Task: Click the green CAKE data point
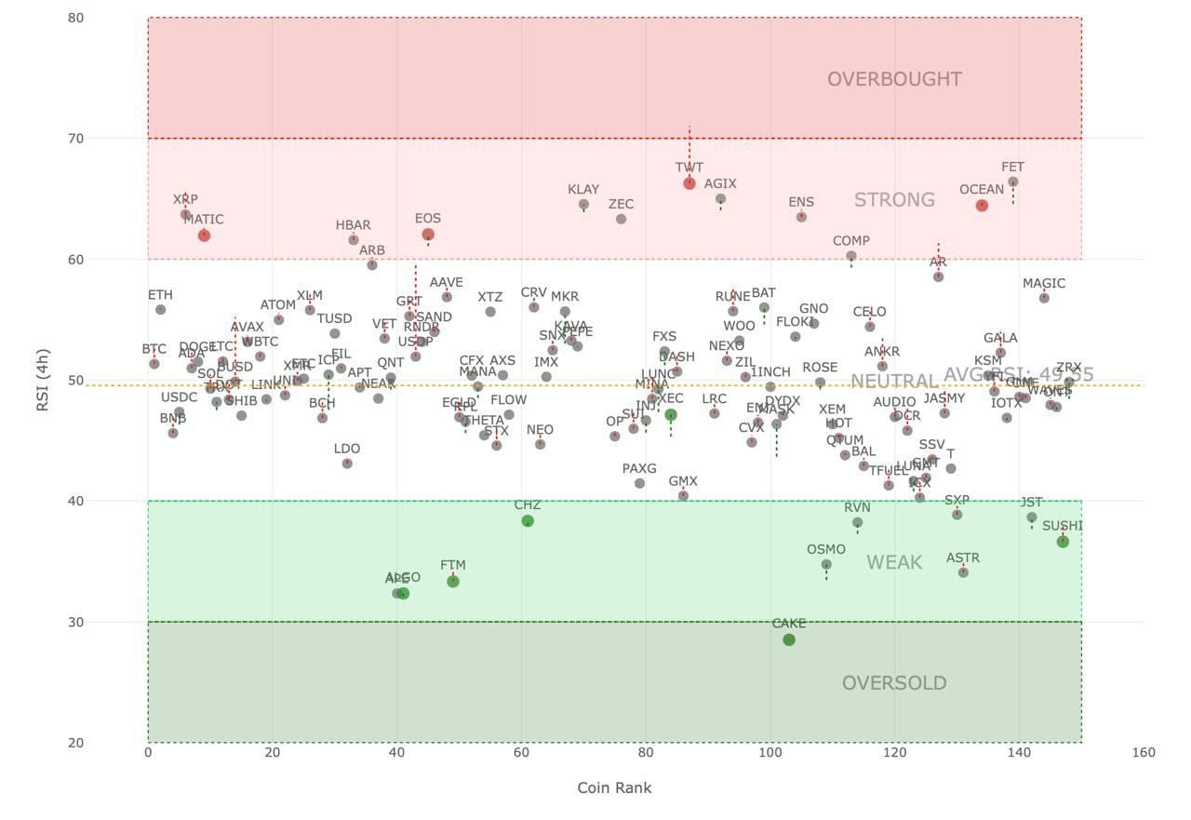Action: (x=789, y=639)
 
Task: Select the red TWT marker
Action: (x=689, y=183)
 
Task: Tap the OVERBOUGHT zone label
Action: (x=894, y=79)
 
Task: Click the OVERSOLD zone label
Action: (x=894, y=683)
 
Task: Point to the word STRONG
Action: (x=894, y=200)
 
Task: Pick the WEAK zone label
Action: (x=894, y=562)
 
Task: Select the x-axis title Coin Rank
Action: (x=614, y=787)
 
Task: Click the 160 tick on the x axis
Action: (x=1144, y=753)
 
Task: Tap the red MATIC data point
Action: (x=204, y=235)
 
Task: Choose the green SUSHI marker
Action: (x=1063, y=542)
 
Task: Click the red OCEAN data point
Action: (x=982, y=205)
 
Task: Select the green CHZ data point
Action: (x=528, y=521)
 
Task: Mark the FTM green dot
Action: (x=453, y=581)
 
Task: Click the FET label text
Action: (x=1012, y=168)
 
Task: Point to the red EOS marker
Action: (x=428, y=235)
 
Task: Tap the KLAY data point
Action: (x=583, y=205)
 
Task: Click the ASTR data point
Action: (x=963, y=572)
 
